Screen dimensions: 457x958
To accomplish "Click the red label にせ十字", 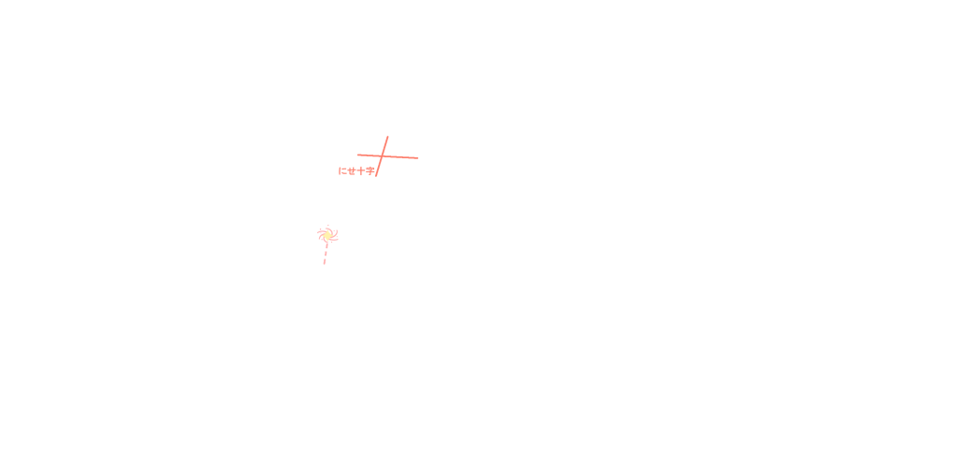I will click(356, 170).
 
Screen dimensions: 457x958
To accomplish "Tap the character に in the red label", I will click(342, 170).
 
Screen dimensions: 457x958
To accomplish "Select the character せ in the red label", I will click(351, 170).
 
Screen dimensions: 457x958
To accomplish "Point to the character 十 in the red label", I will click(360, 170).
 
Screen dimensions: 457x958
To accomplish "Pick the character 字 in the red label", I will click(370, 170).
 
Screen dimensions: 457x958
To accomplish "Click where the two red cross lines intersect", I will click(384, 155).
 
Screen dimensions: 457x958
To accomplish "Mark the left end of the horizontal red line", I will click(357, 155).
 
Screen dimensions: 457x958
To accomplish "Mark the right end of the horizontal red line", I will click(418, 157).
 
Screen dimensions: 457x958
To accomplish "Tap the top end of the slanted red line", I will click(387, 137).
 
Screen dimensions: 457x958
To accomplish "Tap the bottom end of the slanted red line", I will click(377, 176).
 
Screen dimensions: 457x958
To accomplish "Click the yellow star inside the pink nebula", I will click(327, 234).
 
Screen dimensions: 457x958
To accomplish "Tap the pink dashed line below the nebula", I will click(326, 253).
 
